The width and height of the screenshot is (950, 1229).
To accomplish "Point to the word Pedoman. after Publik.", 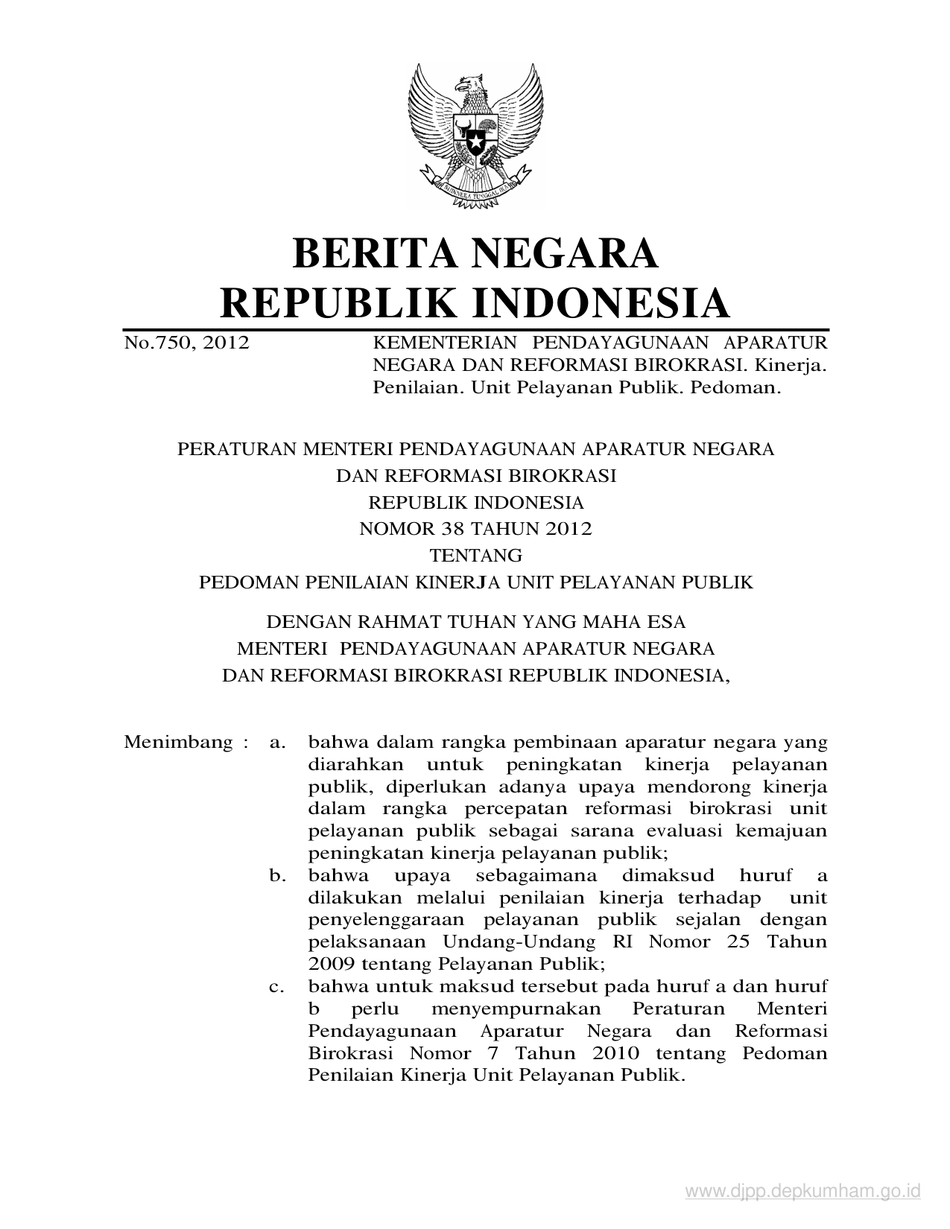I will (735, 387).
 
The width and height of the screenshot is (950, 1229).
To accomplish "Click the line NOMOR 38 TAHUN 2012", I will (475, 529).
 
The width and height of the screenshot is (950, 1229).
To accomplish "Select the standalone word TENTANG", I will (475, 556).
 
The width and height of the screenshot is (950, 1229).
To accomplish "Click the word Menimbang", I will (178, 742).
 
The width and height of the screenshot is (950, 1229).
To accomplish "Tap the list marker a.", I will (278, 742).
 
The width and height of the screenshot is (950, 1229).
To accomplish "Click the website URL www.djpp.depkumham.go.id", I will (803, 1193).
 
